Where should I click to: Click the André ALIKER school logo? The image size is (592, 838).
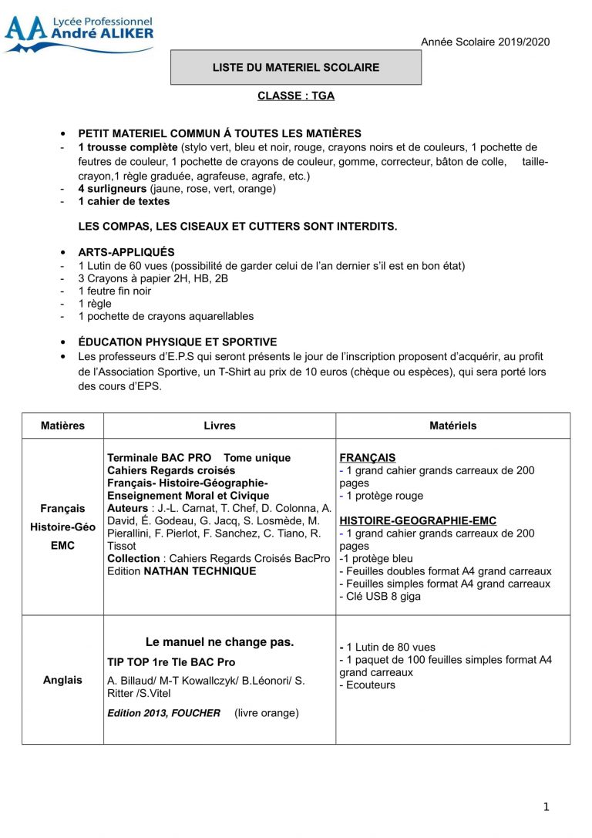(x=79, y=34)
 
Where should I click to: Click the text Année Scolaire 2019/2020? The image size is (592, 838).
(x=485, y=42)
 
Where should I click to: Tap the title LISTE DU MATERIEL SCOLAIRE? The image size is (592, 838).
(x=296, y=68)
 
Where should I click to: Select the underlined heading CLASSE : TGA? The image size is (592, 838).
(x=296, y=96)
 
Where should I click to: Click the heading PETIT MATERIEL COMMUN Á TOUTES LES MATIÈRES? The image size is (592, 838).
(x=220, y=133)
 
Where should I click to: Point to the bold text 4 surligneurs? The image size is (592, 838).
(x=112, y=189)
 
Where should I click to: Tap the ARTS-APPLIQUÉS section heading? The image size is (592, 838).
(x=126, y=252)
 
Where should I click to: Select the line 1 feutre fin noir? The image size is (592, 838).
(x=115, y=291)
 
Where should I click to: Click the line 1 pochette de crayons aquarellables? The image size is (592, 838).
(x=166, y=316)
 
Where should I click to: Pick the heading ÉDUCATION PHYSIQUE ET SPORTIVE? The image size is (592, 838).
(x=177, y=342)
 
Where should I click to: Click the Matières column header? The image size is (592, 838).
(x=62, y=426)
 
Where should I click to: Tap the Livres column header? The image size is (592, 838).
(x=220, y=426)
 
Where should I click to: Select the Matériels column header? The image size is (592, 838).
(x=452, y=426)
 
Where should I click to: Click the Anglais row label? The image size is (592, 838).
(x=62, y=680)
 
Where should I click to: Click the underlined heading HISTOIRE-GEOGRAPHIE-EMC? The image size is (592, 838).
(x=418, y=521)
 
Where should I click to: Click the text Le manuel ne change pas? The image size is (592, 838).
(x=220, y=641)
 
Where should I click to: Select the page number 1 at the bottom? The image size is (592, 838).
(x=546, y=807)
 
